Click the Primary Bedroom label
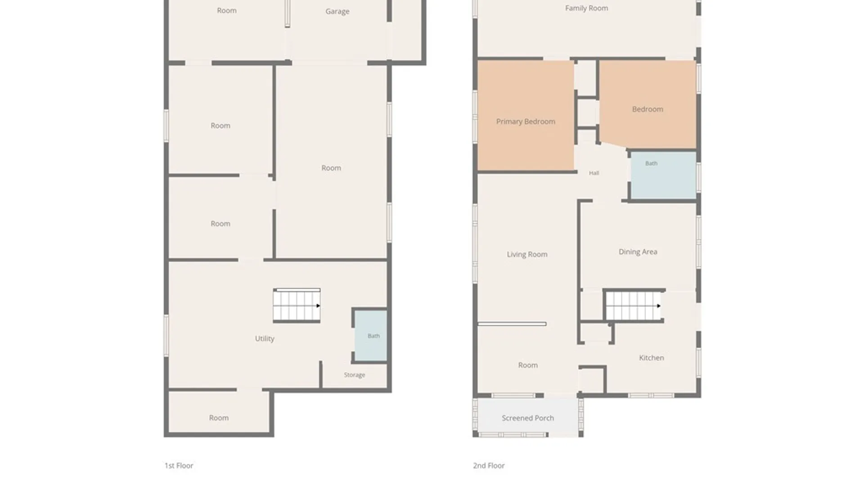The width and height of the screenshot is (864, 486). click(x=526, y=121)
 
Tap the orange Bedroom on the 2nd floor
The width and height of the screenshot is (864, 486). click(x=648, y=104)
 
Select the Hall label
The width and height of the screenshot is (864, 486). click(x=594, y=173)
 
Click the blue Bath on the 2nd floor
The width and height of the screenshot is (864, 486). click(x=663, y=175)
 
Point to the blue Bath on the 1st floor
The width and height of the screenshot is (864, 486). click(x=370, y=335)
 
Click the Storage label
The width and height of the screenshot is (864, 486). click(x=355, y=375)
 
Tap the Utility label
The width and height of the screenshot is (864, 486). click(x=265, y=338)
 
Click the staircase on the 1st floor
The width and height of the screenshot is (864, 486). click(x=297, y=305)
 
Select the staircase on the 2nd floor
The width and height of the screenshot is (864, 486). click(x=634, y=306)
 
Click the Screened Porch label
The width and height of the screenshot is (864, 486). click(x=528, y=418)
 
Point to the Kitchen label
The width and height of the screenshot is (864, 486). click(x=652, y=358)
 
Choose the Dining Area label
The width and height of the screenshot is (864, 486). click(x=638, y=252)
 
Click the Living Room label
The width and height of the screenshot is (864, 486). click(x=527, y=254)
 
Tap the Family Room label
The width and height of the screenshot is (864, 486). click(x=587, y=8)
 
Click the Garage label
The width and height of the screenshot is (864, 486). click(x=337, y=12)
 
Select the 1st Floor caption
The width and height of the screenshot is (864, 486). click(x=179, y=466)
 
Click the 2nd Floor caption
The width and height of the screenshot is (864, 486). click(x=489, y=466)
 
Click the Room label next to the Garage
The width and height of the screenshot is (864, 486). click(x=227, y=10)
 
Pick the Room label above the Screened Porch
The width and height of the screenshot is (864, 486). click(x=528, y=365)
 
